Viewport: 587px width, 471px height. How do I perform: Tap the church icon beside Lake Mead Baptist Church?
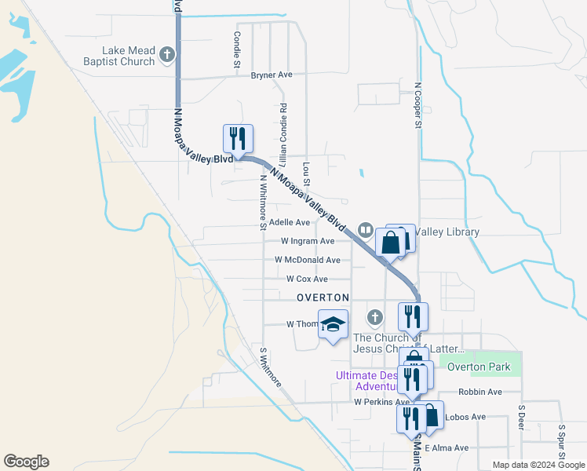(x=166, y=55)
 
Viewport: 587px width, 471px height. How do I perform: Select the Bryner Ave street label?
(x=272, y=75)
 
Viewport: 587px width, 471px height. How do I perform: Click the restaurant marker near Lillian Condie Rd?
(x=238, y=139)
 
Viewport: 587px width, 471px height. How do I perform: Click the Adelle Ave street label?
(x=290, y=223)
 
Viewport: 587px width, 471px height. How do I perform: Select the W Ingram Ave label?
(x=308, y=242)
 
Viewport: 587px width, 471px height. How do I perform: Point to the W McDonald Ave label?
(x=308, y=260)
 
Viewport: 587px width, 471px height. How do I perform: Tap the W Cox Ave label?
(x=307, y=279)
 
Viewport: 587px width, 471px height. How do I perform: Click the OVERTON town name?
(x=323, y=298)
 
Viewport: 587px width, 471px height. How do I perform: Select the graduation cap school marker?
(x=333, y=323)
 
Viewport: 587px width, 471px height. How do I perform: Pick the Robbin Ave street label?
(x=480, y=392)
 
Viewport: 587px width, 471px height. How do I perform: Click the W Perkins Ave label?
(x=382, y=402)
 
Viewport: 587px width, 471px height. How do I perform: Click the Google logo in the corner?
(x=26, y=462)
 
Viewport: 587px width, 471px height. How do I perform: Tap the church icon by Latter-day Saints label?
(x=375, y=317)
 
